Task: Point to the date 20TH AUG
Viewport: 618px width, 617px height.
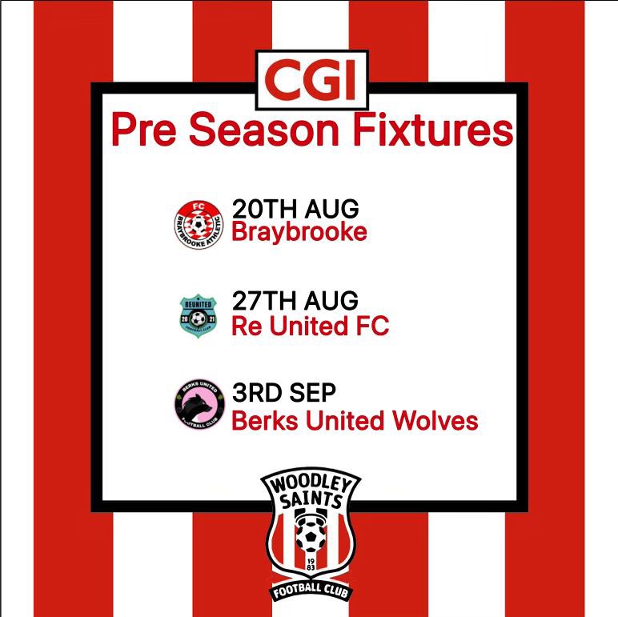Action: click(x=295, y=209)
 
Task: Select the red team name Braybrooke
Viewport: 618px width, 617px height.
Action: click(x=299, y=233)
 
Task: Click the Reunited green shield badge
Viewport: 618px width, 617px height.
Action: click(x=199, y=315)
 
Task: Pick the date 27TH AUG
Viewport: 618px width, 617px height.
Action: click(x=295, y=302)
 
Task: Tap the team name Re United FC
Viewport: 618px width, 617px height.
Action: click(x=310, y=327)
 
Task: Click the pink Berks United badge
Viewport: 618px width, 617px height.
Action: click(x=199, y=408)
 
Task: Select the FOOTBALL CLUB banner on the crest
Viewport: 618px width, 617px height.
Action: click(x=311, y=595)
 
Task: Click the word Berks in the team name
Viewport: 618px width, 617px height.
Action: click(x=259, y=420)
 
